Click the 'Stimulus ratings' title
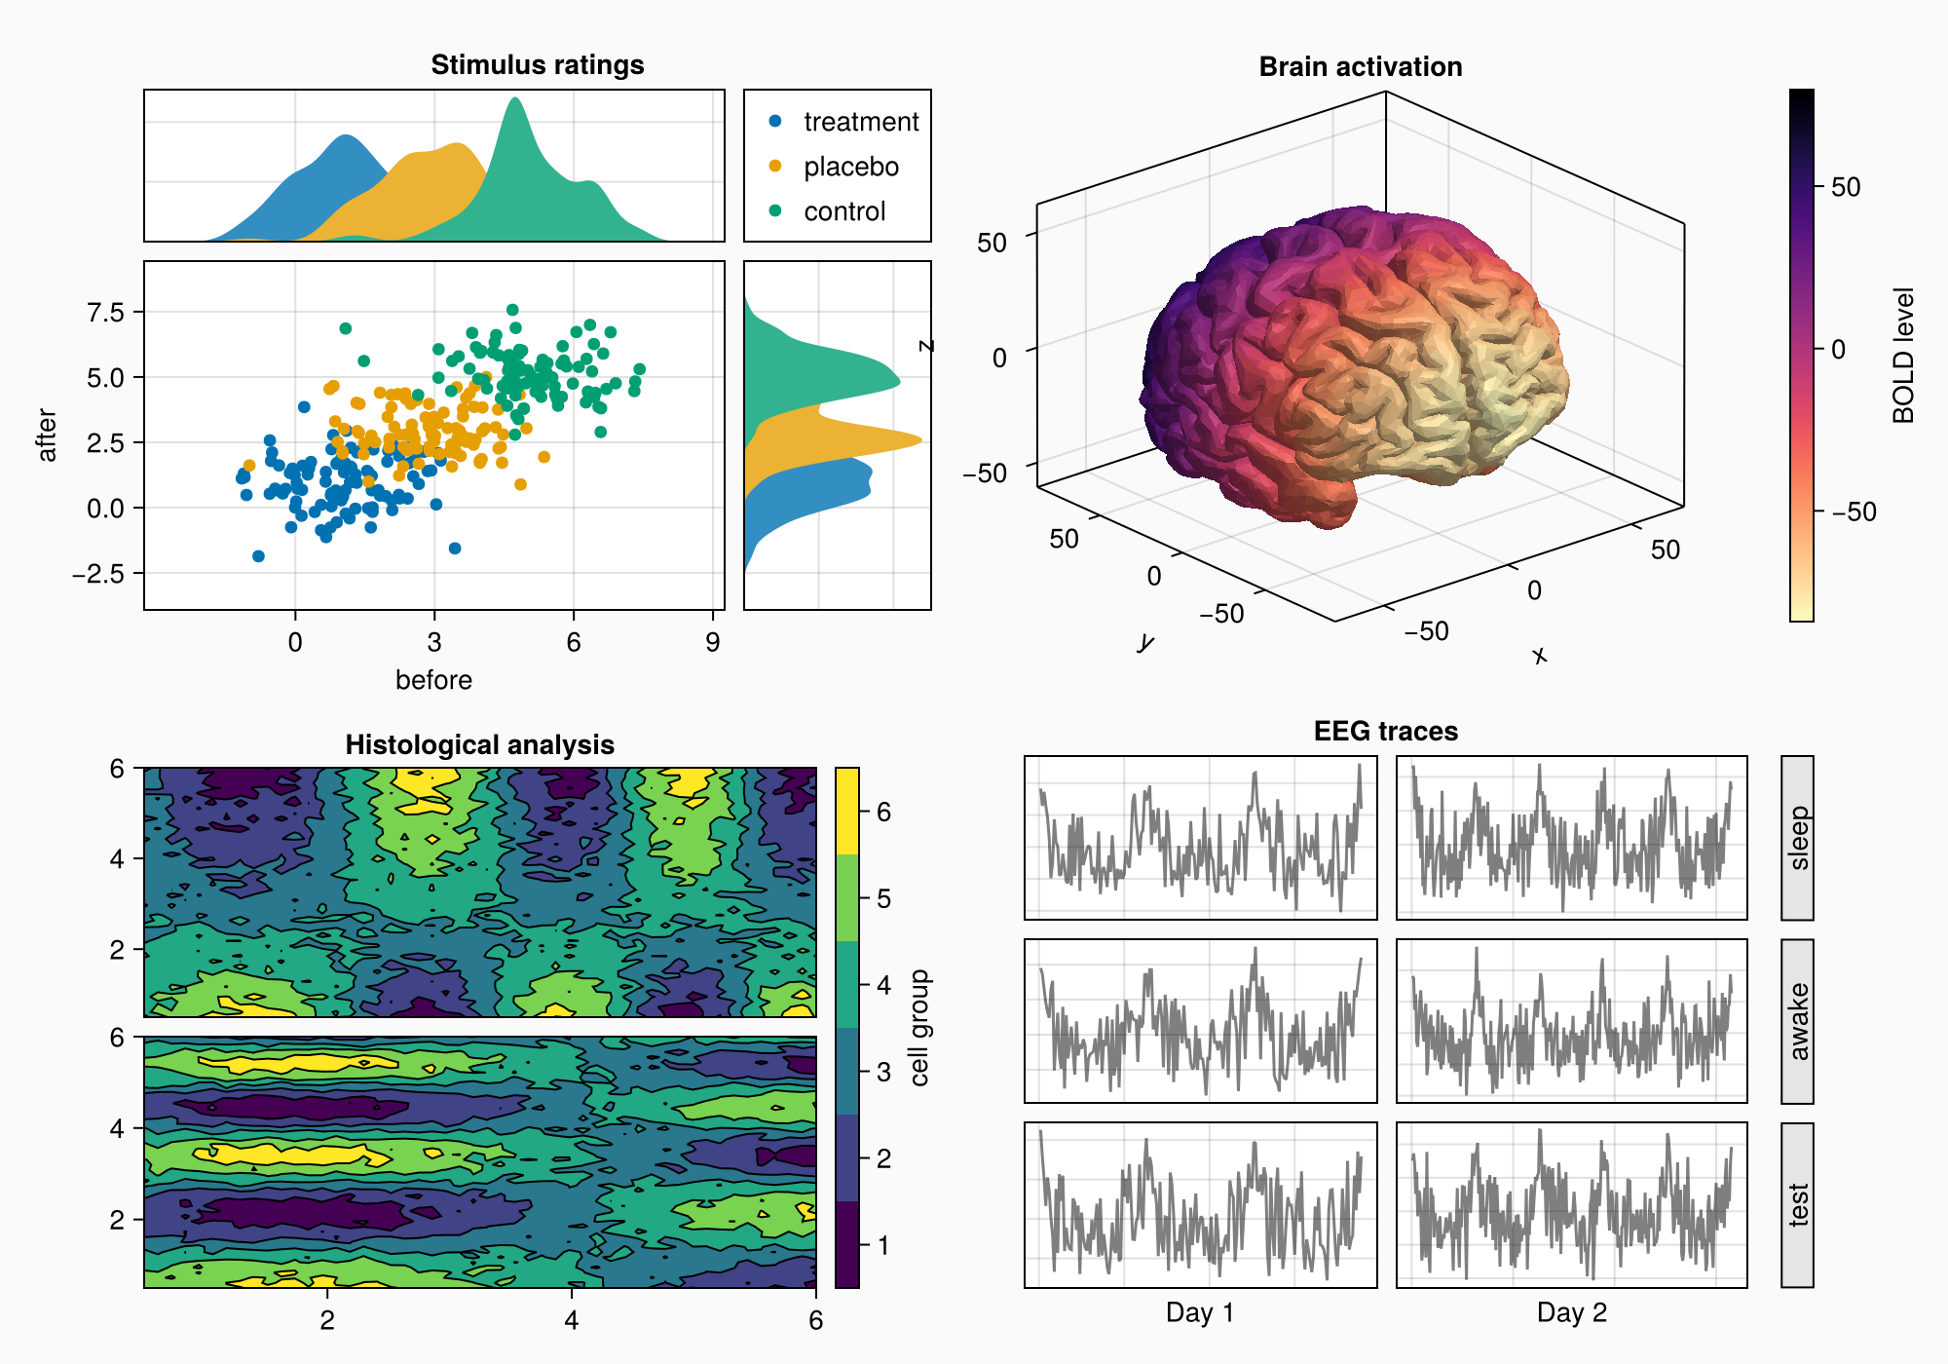[x=537, y=64]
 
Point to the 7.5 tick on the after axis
[x=105, y=312]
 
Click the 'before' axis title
[x=433, y=680]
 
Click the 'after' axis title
[x=47, y=435]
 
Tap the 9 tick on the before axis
[x=713, y=642]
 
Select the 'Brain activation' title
[x=1360, y=66]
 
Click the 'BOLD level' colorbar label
[x=1903, y=356]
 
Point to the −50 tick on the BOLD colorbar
[x=1854, y=511]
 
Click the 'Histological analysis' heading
[x=479, y=744]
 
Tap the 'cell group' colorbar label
[x=919, y=1028]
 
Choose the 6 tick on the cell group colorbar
[x=883, y=812]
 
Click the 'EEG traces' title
[x=1385, y=731]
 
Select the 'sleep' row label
[x=1798, y=838]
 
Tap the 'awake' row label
[x=1798, y=1021]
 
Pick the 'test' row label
[x=1798, y=1204]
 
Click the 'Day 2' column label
[x=1571, y=1312]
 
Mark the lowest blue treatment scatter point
[x=258, y=556]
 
